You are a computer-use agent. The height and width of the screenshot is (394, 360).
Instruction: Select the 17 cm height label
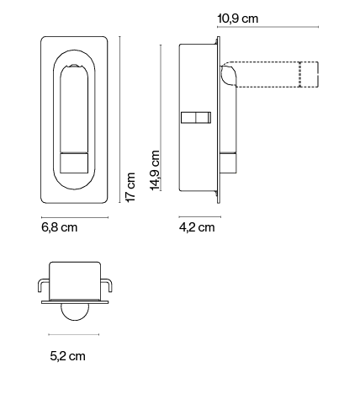tap(130, 186)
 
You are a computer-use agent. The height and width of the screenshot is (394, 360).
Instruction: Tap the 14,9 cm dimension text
tap(155, 171)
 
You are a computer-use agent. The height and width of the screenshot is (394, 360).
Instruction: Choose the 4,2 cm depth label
tap(197, 227)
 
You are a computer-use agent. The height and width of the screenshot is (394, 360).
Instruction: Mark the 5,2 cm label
tap(68, 356)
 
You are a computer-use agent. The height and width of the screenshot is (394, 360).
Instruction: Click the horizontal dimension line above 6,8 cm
tap(74, 216)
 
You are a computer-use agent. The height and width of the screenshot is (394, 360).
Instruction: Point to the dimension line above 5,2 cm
tap(73, 335)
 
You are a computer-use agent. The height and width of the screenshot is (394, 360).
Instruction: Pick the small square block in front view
tap(74, 162)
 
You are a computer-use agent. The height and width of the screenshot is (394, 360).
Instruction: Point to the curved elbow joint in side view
tap(228, 73)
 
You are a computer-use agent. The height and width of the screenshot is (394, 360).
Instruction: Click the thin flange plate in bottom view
tap(73, 299)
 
